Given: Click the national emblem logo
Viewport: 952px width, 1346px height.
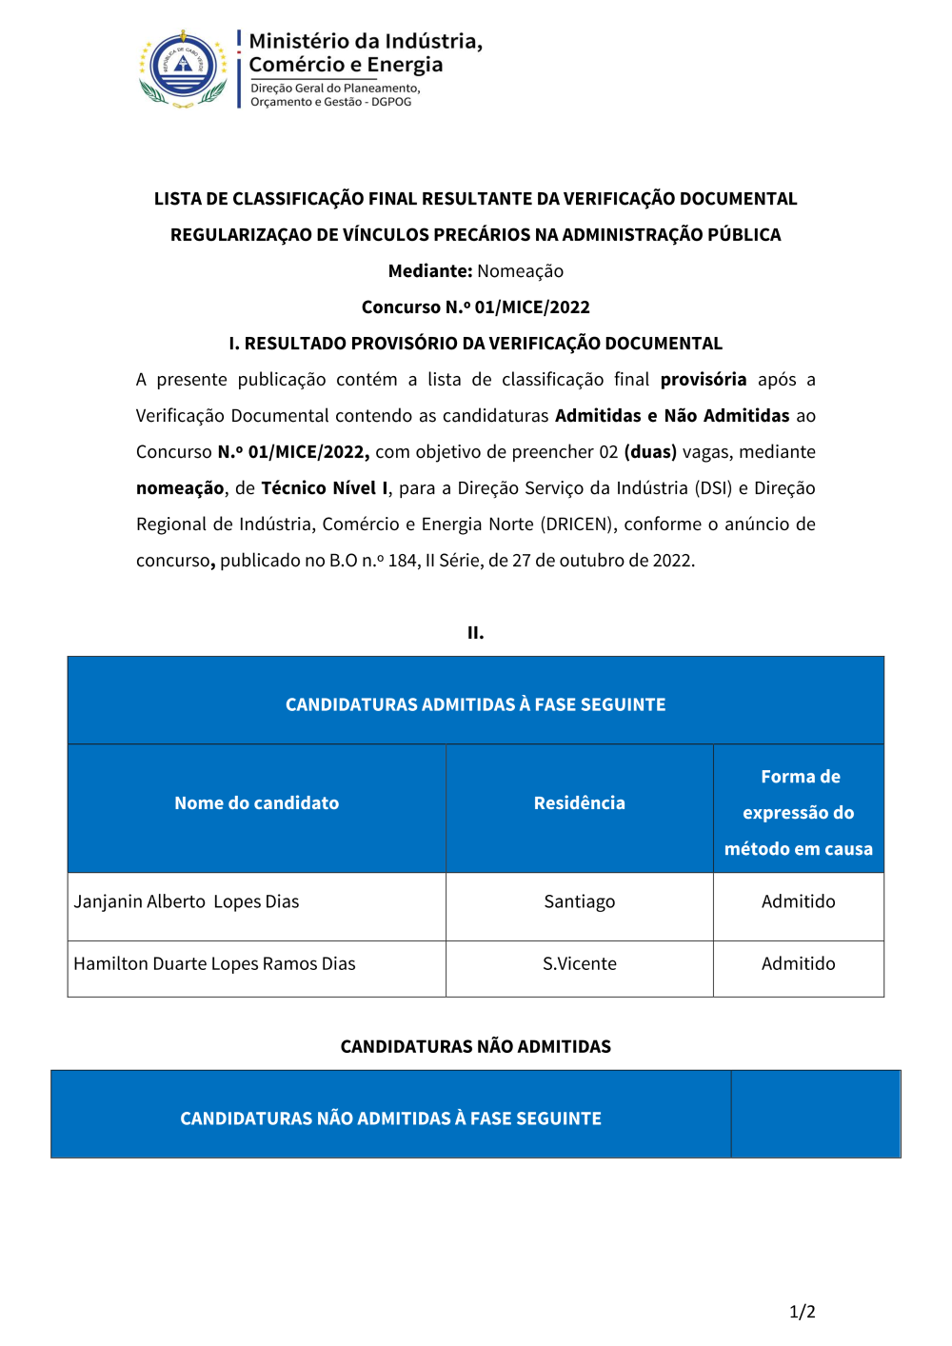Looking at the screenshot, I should point(184,69).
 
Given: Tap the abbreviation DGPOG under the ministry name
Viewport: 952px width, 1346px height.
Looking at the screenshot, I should point(391,102).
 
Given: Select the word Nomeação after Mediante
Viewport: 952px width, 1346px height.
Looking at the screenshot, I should point(520,271).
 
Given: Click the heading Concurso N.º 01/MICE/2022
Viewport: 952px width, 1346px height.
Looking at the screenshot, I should point(475,307).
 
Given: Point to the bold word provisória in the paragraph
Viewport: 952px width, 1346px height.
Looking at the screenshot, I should point(703,380).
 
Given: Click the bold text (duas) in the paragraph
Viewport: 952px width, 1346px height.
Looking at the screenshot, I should point(650,452).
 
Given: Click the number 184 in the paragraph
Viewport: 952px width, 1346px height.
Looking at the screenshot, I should point(402,561).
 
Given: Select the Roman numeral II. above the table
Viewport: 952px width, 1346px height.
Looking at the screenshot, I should point(475,633).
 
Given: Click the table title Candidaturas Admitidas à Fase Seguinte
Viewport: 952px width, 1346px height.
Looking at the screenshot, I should point(475,704).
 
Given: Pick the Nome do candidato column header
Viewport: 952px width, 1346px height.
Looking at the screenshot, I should point(256,803).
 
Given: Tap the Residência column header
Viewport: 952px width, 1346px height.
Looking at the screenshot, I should point(579,803).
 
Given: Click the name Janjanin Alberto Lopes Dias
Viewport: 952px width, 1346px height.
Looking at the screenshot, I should point(187,901).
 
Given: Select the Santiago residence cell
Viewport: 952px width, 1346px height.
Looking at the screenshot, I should point(579,901).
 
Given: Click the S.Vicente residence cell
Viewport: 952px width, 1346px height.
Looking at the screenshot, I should point(579,963).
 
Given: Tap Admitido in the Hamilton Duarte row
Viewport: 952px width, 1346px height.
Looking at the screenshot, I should point(798,963).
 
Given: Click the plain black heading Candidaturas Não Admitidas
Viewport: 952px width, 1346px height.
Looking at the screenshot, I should point(475,1046).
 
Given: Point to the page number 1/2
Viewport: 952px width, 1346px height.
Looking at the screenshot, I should point(802,1312).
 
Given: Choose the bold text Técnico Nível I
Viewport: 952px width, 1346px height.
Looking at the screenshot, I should point(325,488).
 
